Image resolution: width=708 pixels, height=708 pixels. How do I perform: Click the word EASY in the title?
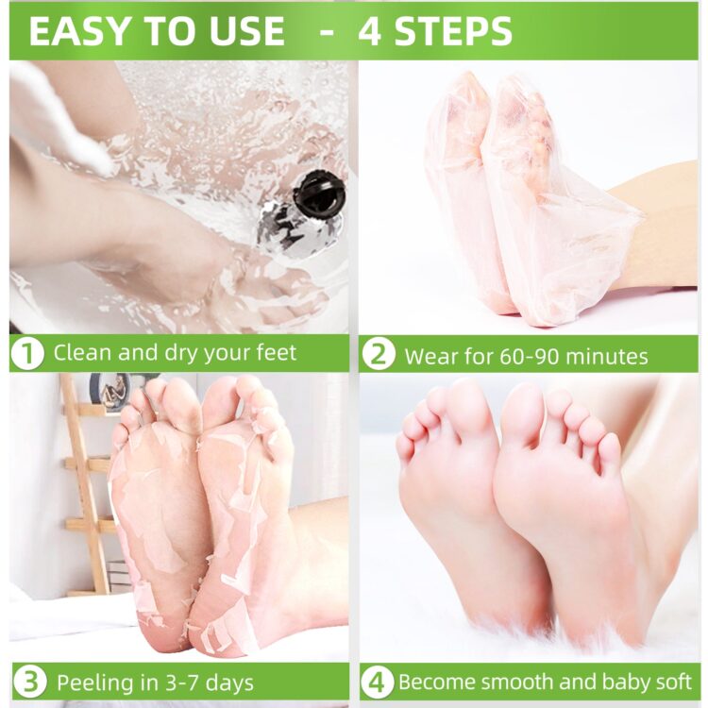coord(77,31)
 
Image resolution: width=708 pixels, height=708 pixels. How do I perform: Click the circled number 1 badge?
coord(28,354)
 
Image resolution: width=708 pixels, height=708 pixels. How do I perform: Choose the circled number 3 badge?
coord(28,682)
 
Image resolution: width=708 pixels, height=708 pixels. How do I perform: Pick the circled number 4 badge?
coord(378,682)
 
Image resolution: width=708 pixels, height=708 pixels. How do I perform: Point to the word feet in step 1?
coord(273,354)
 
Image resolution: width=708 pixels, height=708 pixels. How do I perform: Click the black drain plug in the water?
coord(318,194)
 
